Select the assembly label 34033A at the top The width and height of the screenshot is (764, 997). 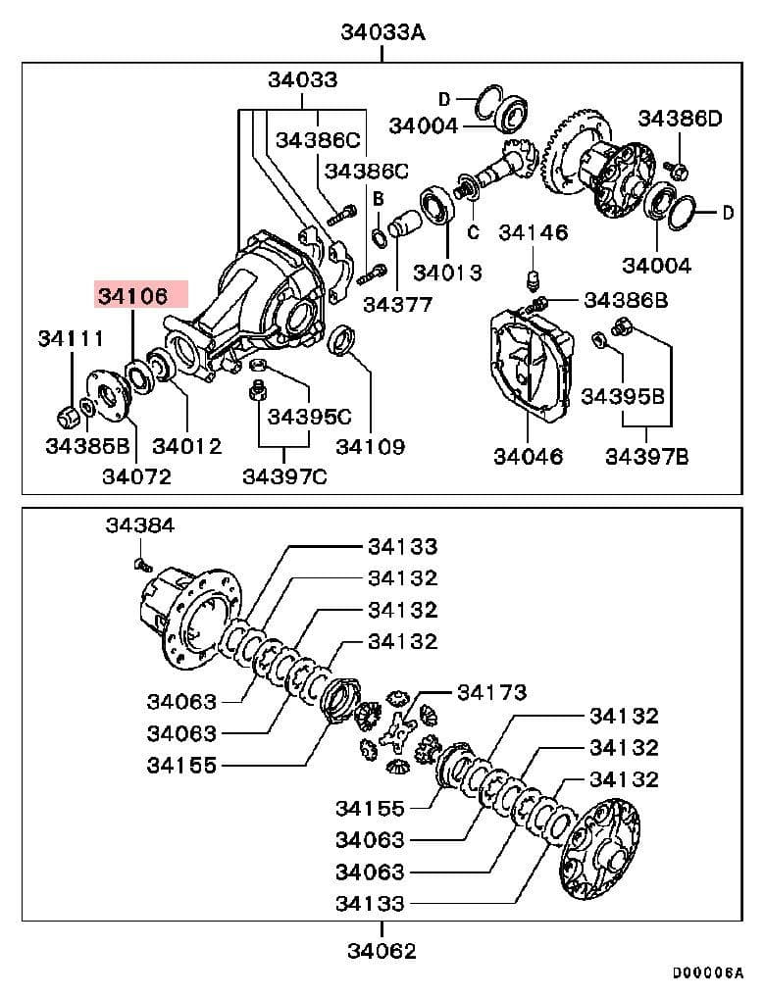[382, 31]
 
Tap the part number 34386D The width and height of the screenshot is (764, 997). [679, 119]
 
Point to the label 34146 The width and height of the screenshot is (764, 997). [533, 232]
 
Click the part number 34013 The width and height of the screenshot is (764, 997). [447, 272]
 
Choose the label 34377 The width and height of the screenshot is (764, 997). [397, 304]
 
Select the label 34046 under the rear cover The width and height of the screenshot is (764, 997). [528, 456]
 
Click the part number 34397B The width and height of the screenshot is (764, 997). [646, 456]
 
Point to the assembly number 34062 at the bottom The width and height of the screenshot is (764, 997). [382, 950]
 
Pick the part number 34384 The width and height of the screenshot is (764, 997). [139, 525]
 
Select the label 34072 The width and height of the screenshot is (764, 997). [136, 476]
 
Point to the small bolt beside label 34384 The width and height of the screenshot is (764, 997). [139, 564]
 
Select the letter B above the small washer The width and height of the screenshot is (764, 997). [378, 199]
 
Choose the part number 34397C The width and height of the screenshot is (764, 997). [284, 476]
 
